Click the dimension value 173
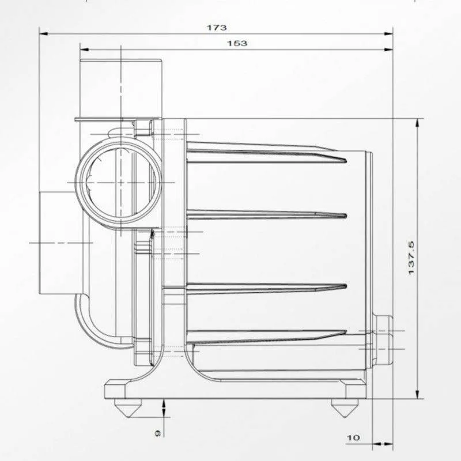pyautogui.click(x=218, y=27)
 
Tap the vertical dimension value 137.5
pyautogui.click(x=411, y=258)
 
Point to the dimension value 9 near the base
pyautogui.click(x=157, y=432)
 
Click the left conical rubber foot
pyautogui.click(x=127, y=407)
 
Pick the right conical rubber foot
pyautogui.click(x=345, y=408)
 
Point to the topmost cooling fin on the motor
pyautogui.click(x=265, y=153)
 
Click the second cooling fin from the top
pyautogui.click(x=265, y=214)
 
